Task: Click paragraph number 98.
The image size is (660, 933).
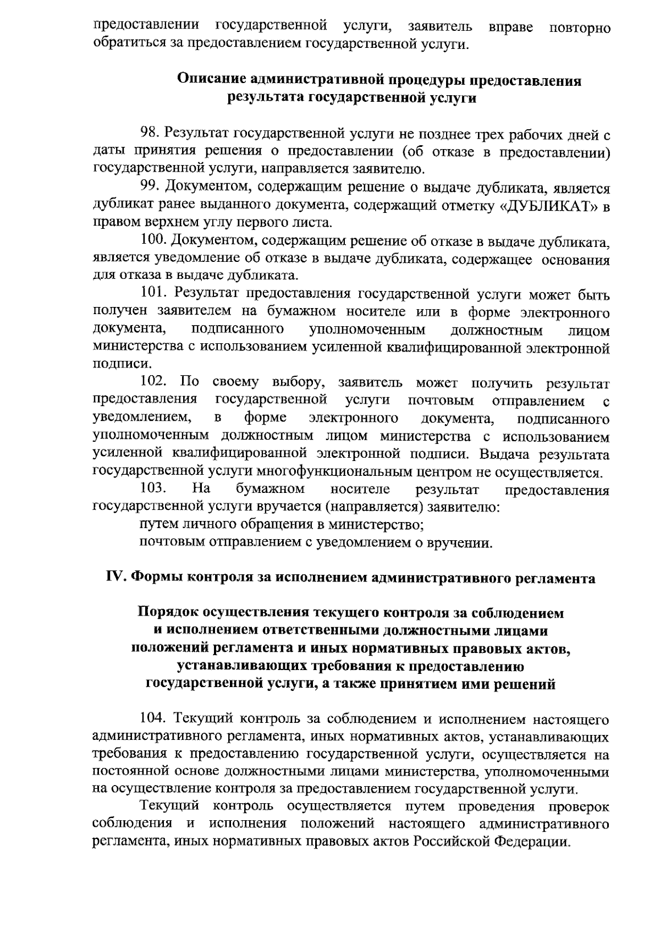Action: (150, 134)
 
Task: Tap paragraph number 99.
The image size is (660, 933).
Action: (150, 188)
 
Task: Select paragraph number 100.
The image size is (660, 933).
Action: (153, 240)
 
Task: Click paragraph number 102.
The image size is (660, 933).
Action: (153, 382)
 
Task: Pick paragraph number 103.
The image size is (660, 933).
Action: (153, 489)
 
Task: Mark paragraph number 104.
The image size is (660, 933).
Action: (153, 719)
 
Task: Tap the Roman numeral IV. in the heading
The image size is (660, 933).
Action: (116, 578)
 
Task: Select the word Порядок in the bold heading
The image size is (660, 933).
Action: (167, 612)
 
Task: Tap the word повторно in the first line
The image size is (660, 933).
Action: (580, 28)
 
